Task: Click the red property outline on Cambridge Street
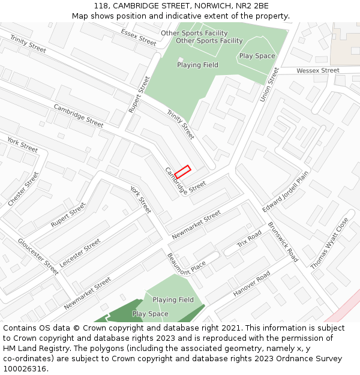tap(182, 172)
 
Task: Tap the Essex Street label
tap(138, 37)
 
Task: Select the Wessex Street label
tap(318, 71)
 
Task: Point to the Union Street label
tap(269, 84)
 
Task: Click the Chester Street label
tap(23, 190)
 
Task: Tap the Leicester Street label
tap(80, 253)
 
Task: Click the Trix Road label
tap(249, 238)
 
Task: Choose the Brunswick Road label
tap(283, 242)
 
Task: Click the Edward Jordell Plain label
tap(285, 191)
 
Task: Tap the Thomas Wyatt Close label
tap(329, 243)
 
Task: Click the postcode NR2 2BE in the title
tap(253, 6)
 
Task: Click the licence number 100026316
tap(25, 369)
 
